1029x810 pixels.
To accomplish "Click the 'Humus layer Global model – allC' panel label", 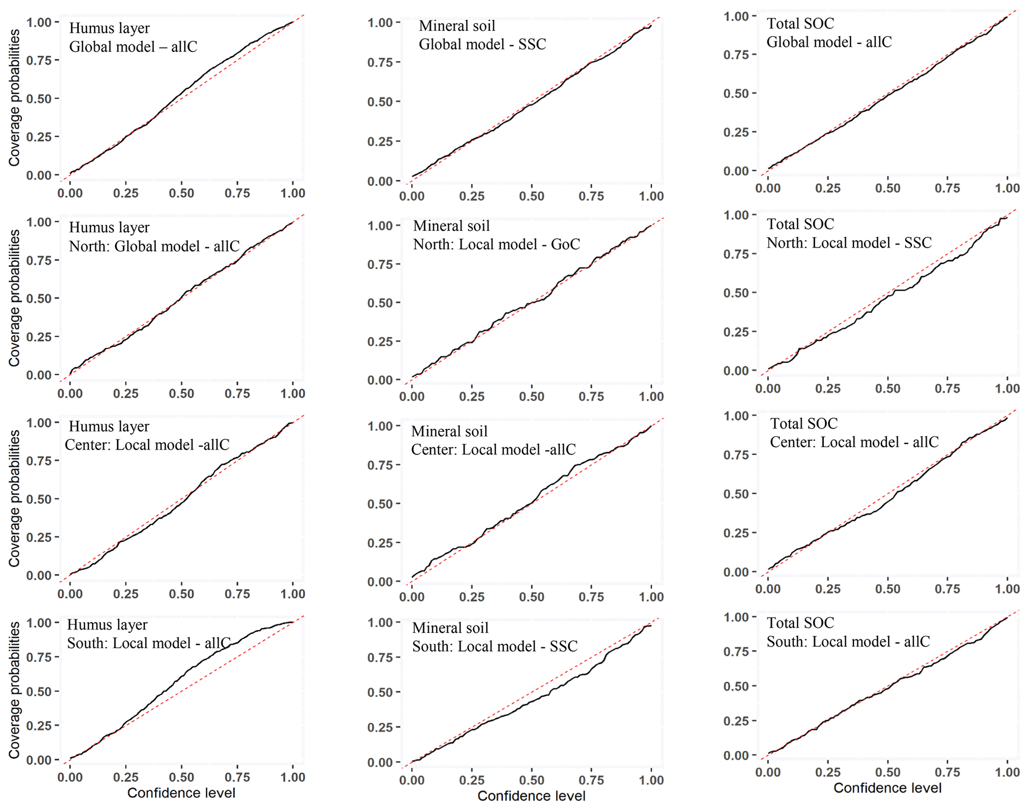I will point(133,37).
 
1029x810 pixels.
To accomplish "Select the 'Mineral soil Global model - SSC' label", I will point(482,35).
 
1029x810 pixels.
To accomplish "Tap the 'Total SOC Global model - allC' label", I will point(829,33).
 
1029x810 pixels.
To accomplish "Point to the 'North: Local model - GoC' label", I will point(496,244).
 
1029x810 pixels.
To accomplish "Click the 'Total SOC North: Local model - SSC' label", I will point(849,233).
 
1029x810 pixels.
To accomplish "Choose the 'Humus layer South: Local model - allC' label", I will point(148,634).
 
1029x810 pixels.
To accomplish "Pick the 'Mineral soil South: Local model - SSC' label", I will point(494,637).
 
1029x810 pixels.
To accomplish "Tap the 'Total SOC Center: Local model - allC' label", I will point(854,433).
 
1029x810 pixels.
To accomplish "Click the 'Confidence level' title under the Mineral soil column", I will point(531,796).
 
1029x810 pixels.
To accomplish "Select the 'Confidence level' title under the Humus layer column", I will point(181,793).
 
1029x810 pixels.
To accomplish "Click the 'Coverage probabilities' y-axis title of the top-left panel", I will point(14,98).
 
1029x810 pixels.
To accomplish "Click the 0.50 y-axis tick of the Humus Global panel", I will point(39,99).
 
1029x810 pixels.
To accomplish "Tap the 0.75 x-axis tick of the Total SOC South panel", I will point(947,772).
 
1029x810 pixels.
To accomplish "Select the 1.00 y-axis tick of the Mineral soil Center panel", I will point(380,426).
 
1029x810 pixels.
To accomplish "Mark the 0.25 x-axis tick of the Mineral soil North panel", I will point(471,397).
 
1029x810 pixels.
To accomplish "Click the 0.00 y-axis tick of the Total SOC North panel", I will point(736,371).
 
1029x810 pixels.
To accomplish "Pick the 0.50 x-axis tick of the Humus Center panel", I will point(181,594).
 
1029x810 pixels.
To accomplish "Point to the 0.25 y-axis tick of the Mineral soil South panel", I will point(380,727).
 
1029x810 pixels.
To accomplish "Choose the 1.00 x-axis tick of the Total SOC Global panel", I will point(1007,188).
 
